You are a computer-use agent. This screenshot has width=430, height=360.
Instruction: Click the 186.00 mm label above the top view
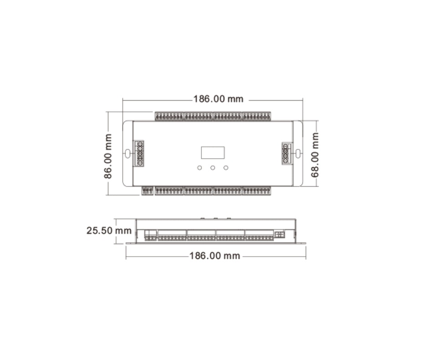pyautogui.click(x=218, y=99)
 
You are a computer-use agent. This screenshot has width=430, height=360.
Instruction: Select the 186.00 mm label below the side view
pyautogui.click(x=215, y=256)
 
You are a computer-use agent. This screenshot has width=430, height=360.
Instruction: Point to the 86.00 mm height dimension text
pyautogui.click(x=108, y=156)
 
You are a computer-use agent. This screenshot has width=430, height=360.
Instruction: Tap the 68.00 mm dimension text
pyautogui.click(x=315, y=154)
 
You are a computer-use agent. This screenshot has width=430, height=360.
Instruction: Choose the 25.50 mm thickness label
pyautogui.click(x=109, y=231)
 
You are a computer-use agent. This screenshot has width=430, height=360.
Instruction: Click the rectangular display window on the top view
pyautogui.click(x=213, y=153)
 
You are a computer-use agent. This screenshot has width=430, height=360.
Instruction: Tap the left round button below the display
pyautogui.click(x=200, y=168)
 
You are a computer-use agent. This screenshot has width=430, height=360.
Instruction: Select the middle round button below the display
pyautogui.click(x=213, y=168)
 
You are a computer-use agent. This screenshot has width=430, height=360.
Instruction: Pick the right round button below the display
pyautogui.click(x=225, y=168)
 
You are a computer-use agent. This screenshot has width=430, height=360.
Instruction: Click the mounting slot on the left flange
pyautogui.click(x=128, y=154)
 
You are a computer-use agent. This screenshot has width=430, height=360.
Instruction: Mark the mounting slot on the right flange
pyautogui.click(x=298, y=154)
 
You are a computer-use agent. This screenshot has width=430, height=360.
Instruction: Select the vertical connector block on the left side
pyautogui.click(x=139, y=153)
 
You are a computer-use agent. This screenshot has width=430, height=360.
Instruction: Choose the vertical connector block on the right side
pyautogui.click(x=286, y=153)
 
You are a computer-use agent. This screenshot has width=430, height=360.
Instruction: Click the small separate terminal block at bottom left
pyautogui.click(x=147, y=191)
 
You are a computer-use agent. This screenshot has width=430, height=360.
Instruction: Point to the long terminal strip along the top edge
pyautogui.click(x=213, y=116)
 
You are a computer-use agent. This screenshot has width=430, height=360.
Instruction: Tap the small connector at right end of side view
pyautogui.click(x=279, y=234)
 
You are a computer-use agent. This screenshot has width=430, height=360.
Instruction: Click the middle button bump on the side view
pyautogui.click(x=215, y=218)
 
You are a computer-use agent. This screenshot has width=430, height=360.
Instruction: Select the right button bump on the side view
pyautogui.click(x=228, y=218)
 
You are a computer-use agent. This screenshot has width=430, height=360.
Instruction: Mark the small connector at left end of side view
pyautogui.click(x=150, y=235)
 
